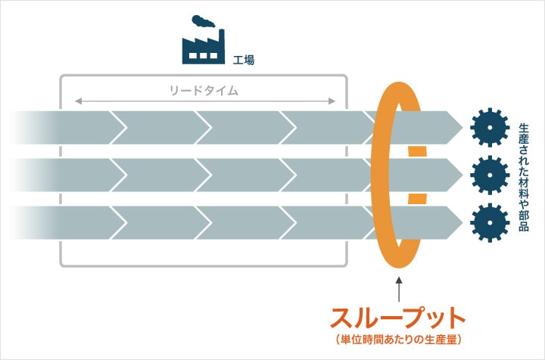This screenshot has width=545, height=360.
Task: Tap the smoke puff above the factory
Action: [x=204, y=20]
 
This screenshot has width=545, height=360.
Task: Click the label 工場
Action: [x=244, y=60]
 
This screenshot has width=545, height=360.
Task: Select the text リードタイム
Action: [x=204, y=91]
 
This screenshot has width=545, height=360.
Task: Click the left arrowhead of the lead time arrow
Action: [x=79, y=101]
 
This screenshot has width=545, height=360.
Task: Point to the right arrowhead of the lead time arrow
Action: [x=332, y=101]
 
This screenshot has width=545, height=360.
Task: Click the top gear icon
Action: [x=490, y=127]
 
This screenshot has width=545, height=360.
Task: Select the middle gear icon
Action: [x=490, y=175]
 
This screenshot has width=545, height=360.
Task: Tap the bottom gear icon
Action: [x=490, y=222]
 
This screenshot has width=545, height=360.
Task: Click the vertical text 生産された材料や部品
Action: [x=524, y=177]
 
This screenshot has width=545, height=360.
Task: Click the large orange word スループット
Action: [x=397, y=318]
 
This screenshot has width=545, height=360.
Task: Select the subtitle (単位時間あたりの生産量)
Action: [x=399, y=339]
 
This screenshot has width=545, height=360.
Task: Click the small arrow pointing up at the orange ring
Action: [x=399, y=289]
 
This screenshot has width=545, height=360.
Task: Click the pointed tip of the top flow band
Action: [x=462, y=127]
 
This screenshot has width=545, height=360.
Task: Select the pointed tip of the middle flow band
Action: [x=462, y=175]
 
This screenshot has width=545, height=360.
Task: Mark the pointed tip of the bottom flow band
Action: [x=462, y=222]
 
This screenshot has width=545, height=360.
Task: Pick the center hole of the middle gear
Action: [x=490, y=175]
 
